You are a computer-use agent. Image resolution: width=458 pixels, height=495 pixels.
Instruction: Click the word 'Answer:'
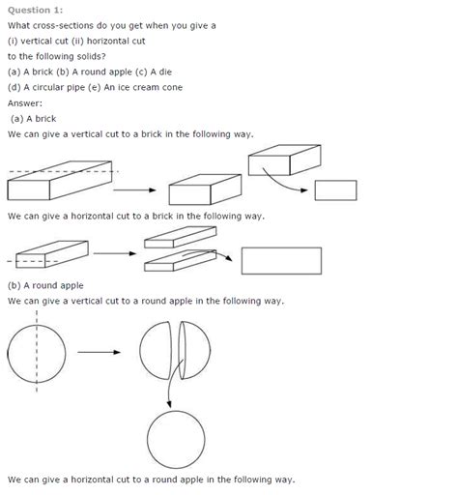(27, 102)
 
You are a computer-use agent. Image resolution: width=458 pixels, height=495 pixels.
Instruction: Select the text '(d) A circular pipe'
(48, 87)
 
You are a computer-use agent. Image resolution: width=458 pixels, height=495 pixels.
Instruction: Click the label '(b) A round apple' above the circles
(45, 285)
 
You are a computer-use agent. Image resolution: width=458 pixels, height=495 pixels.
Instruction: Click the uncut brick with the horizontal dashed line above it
(58, 183)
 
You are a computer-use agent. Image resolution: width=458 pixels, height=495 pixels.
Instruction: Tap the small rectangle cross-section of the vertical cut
(335, 189)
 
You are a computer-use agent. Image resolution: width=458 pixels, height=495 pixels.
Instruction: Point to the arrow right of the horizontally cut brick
(223, 256)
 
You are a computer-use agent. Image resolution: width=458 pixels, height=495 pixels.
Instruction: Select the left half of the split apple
(158, 350)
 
